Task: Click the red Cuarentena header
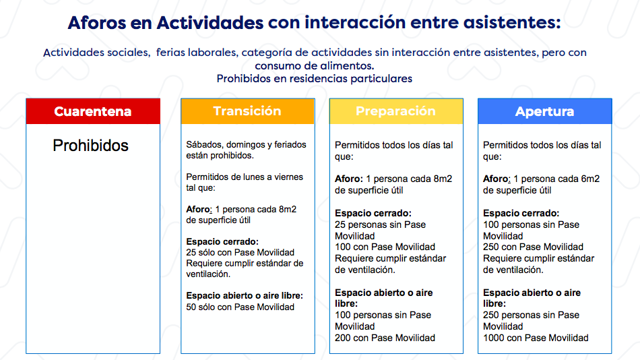coord(93,111)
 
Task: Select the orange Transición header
coord(248,111)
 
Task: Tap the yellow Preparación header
coord(396,111)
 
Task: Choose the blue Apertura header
coord(545,111)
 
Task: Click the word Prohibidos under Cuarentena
coord(91,146)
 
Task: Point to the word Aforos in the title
coord(97,22)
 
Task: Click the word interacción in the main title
coord(354,22)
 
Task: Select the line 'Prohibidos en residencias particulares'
coord(315,78)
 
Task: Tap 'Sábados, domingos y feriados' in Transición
coord(246,145)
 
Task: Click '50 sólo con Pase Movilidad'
coord(240,307)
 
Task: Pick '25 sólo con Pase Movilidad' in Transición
coord(240,253)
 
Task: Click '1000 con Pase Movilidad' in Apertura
coord(536,338)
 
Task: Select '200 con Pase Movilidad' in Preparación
coord(385,338)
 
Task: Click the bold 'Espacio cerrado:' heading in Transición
coord(222,241)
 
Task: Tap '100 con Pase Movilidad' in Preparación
coord(385,247)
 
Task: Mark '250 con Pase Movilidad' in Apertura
coord(533,247)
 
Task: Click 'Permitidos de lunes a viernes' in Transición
coord(245,177)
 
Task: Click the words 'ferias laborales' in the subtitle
coord(196,53)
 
